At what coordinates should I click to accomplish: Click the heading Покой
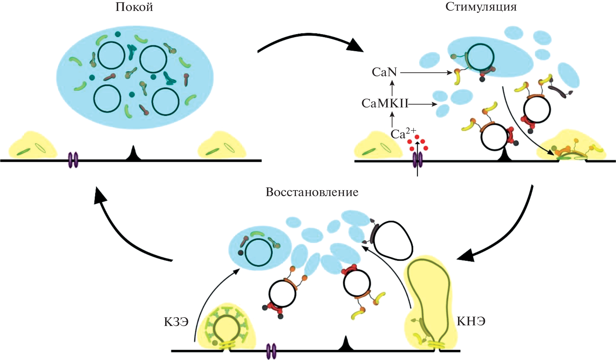[134, 7]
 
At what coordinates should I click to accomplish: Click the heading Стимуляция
[481, 7]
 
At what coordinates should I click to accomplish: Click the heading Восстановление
[312, 192]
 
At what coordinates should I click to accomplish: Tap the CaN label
[384, 72]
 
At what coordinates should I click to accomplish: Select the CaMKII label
[385, 103]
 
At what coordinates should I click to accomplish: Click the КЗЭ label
[176, 322]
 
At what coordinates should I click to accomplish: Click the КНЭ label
[471, 321]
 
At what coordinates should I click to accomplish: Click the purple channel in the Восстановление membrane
[271, 351]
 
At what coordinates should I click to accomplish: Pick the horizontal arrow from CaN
[426, 73]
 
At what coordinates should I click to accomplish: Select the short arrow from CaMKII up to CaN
[392, 88]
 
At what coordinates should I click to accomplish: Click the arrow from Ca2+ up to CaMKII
[392, 120]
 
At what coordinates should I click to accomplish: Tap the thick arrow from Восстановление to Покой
[125, 231]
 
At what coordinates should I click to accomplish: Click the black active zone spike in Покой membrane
[133, 154]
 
